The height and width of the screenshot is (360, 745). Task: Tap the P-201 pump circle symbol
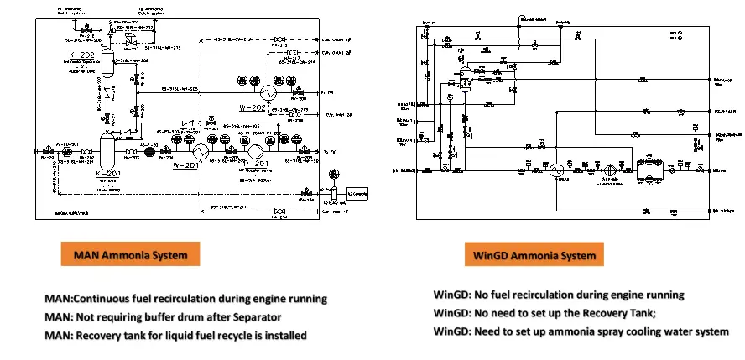point(256,149)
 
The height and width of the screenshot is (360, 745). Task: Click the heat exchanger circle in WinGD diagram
point(555,169)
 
